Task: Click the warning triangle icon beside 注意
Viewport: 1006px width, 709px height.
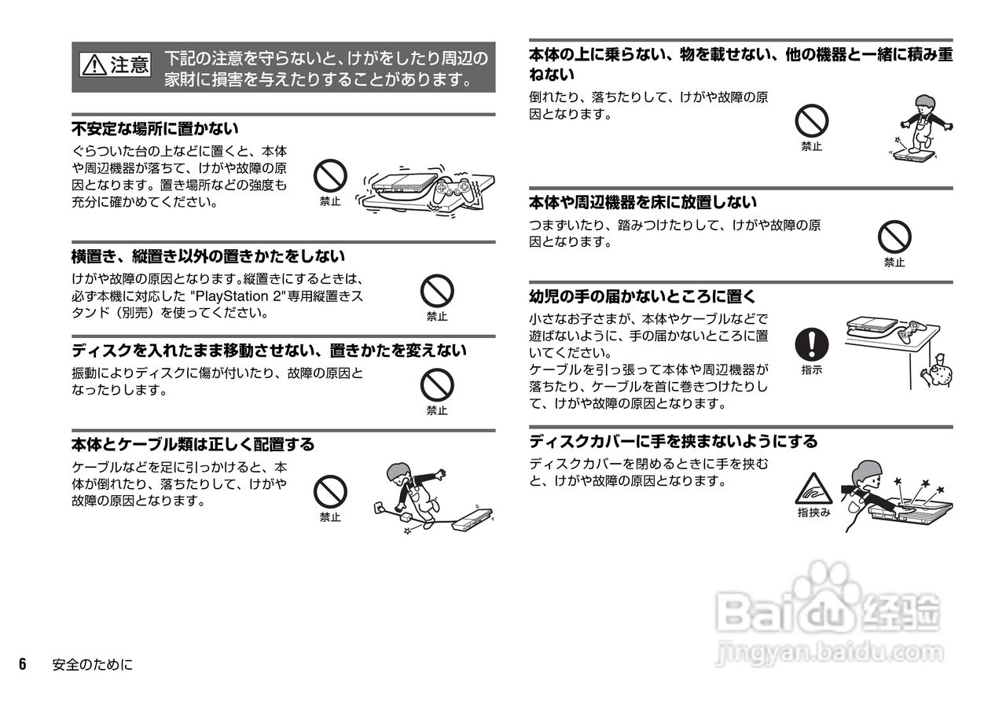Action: [94, 66]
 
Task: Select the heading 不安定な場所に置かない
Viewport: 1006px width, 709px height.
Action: [155, 128]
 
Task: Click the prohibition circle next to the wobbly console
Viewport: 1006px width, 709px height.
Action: [330, 174]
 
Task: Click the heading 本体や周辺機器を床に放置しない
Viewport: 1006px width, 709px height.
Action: [643, 203]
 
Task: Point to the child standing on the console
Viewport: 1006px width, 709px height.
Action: [919, 126]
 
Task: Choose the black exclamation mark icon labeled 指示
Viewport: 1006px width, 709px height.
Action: [812, 343]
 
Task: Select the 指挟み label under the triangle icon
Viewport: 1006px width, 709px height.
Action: [813, 512]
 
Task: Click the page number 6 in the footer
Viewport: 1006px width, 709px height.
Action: [23, 664]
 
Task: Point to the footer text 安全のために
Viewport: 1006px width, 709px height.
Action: [92, 665]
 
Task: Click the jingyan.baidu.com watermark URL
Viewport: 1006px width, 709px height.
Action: [829, 652]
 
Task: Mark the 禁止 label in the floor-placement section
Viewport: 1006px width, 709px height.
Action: [894, 263]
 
